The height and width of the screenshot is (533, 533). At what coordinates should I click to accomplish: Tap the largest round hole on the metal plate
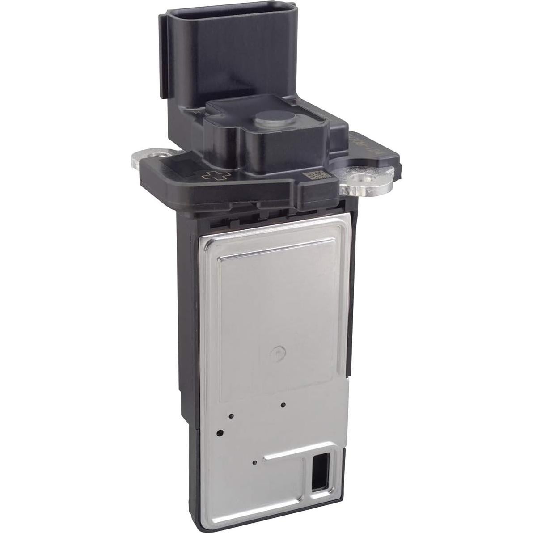(x=220, y=433)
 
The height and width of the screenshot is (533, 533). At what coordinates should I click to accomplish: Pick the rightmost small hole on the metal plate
(x=283, y=405)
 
